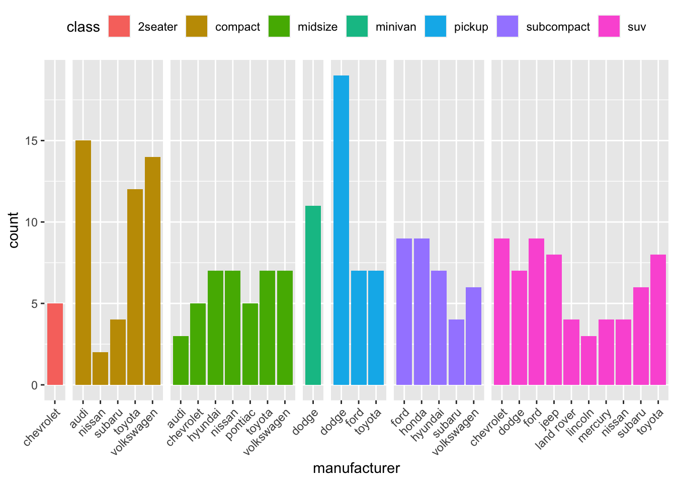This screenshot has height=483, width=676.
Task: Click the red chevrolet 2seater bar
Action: coord(55,344)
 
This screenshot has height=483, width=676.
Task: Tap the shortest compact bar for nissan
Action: coord(100,368)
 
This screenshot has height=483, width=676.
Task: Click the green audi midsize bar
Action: coord(181,360)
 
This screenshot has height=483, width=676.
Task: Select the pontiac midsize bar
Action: coord(250,344)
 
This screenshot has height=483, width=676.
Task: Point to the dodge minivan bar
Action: coord(313,295)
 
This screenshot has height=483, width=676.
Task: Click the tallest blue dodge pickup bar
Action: coord(341,230)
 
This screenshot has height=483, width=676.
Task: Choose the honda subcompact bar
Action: coord(421,311)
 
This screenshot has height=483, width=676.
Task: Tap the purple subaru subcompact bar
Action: coord(456,352)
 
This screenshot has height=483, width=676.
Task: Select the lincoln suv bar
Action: coord(588,360)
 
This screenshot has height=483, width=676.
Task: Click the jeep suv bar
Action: coord(554,319)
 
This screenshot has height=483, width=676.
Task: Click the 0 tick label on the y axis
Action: coord(34,385)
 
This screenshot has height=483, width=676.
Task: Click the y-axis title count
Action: coord(14,230)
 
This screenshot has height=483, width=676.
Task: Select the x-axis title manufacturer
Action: coord(356,468)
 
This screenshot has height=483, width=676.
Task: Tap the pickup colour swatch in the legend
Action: coord(436,27)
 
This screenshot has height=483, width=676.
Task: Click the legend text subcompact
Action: coord(558,27)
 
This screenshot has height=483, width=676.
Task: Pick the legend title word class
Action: coord(83,27)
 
